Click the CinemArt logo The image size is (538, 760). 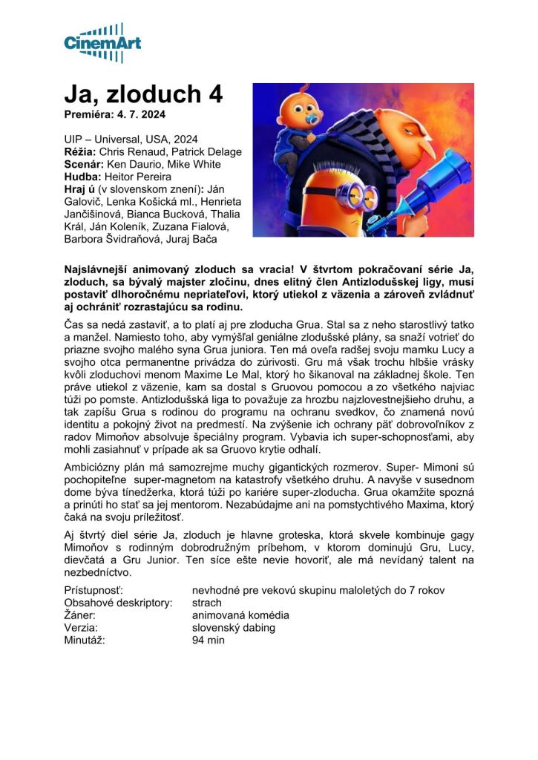(103, 42)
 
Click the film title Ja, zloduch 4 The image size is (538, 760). (143, 95)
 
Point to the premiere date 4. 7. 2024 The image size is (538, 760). (140, 115)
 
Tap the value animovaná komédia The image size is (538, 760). (240, 615)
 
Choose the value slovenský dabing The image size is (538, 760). (233, 628)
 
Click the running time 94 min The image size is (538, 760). (208, 641)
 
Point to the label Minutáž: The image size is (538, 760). (85, 641)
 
